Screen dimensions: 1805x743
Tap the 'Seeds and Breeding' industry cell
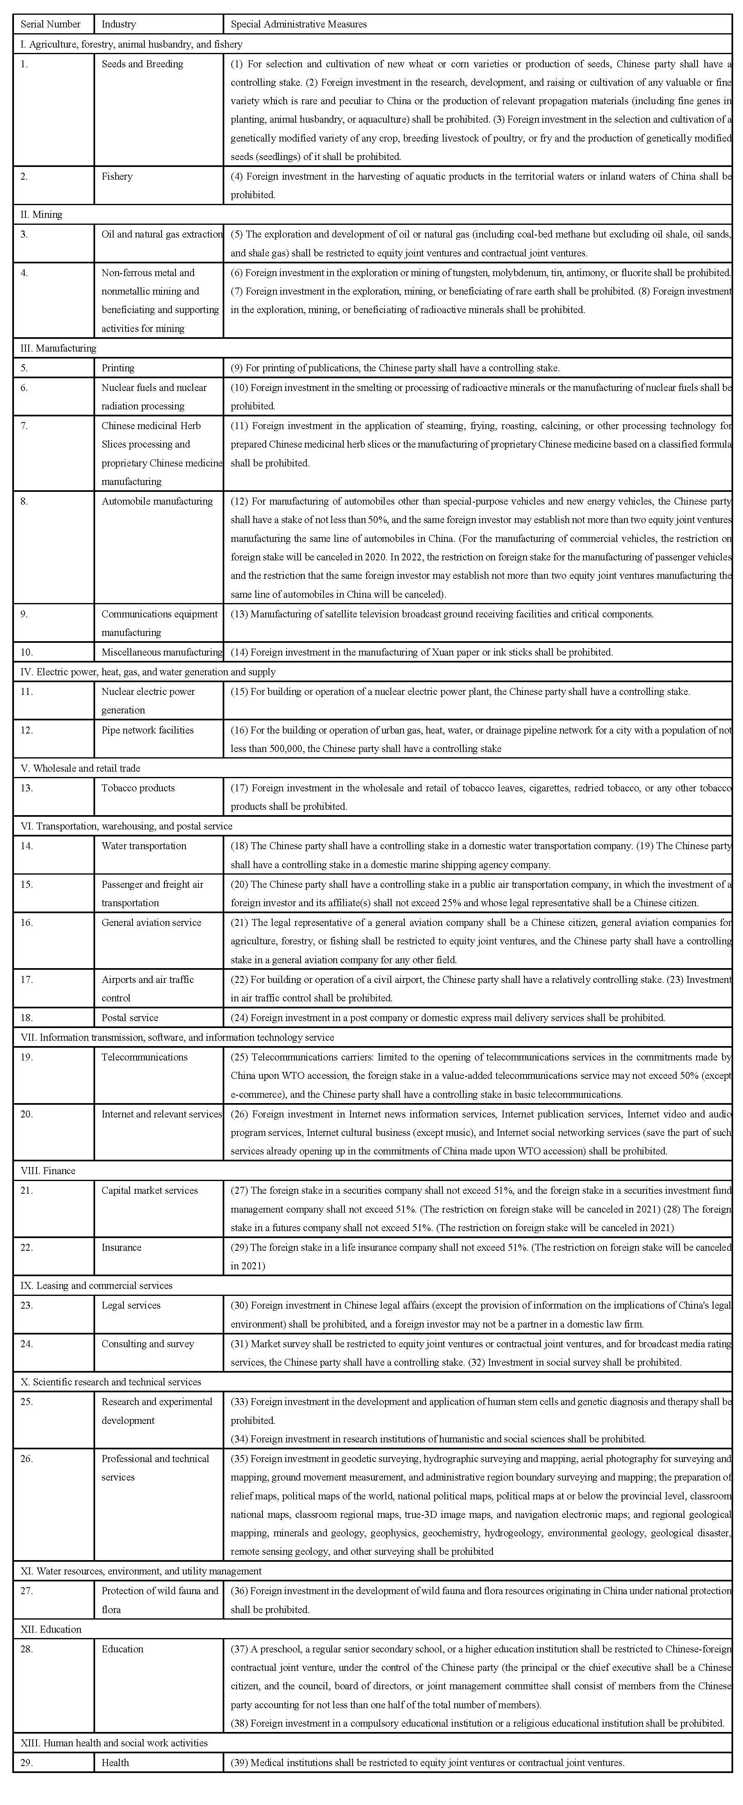(142, 64)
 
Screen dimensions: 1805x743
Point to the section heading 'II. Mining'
(41, 215)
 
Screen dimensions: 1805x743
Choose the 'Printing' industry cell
(118, 368)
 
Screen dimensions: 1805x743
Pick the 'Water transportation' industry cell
(144, 846)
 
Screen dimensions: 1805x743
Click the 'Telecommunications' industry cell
(144, 1057)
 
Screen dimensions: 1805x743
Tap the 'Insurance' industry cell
(121, 1247)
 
